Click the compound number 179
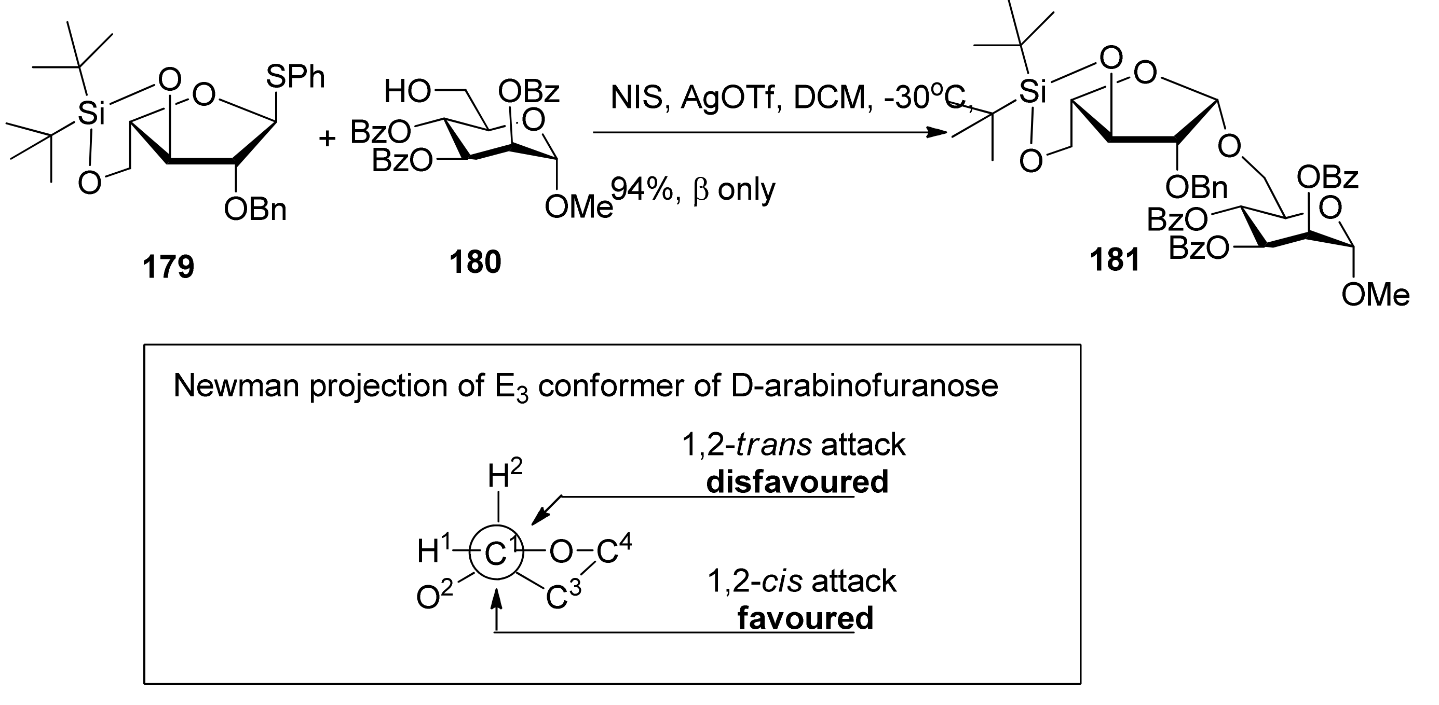(x=168, y=267)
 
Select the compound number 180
(x=476, y=262)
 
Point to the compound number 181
(x=1115, y=260)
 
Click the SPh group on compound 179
(x=295, y=77)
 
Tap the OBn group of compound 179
(x=255, y=211)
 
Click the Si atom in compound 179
(x=91, y=113)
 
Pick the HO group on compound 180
(x=407, y=91)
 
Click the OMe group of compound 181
(x=1375, y=295)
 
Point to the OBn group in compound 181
(x=1196, y=189)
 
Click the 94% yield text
(x=643, y=190)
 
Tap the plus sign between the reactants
(x=328, y=138)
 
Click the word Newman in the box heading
(x=236, y=386)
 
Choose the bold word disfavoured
(x=797, y=482)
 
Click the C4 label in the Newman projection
(x=614, y=551)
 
